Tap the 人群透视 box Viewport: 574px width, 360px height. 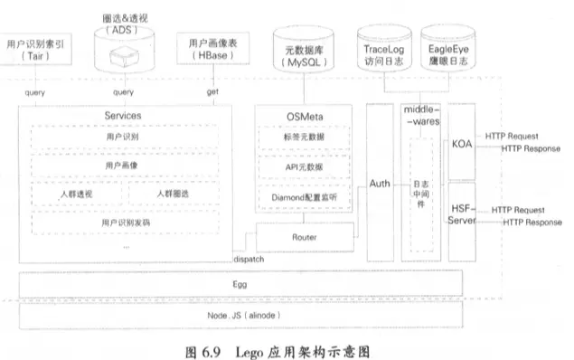pyautogui.click(x=77, y=194)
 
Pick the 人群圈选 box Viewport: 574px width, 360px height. pyautogui.click(x=172, y=194)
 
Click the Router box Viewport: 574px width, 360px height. pyautogui.click(x=304, y=237)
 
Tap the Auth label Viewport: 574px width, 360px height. pyautogui.click(x=379, y=184)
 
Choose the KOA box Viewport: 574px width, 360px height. pyautogui.click(x=462, y=142)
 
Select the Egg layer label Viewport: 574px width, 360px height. pyautogui.click(x=240, y=283)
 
